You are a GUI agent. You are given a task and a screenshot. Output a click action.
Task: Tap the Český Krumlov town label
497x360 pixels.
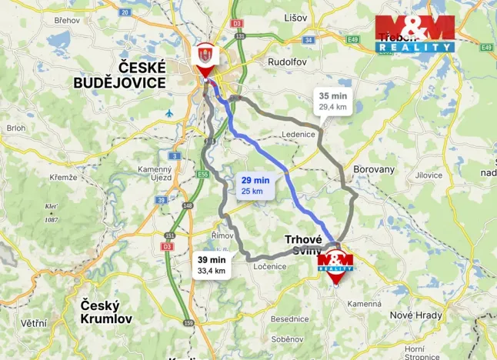click(106, 312)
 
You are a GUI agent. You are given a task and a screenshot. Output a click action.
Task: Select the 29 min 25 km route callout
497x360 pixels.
click(255, 185)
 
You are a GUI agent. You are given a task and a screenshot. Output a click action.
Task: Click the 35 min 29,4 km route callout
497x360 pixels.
click(332, 102)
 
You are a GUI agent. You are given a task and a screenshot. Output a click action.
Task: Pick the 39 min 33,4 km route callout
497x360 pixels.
click(211, 265)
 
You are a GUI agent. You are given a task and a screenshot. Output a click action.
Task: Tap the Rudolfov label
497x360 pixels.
click(287, 62)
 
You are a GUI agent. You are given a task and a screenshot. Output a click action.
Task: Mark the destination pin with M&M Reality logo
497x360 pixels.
click(335, 265)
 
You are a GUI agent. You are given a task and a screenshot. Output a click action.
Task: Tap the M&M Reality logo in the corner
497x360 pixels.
click(415, 34)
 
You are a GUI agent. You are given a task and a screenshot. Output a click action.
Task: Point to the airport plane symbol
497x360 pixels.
click(169, 113)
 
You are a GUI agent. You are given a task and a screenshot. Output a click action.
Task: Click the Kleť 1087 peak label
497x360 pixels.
click(51, 212)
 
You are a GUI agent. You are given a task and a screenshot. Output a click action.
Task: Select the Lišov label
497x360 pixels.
click(295, 17)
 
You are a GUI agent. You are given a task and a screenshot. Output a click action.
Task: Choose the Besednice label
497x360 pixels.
click(289, 318)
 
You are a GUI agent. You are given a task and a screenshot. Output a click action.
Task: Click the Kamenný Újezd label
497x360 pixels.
click(155, 173)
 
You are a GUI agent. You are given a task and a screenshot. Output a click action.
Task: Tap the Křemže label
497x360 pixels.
click(63, 177)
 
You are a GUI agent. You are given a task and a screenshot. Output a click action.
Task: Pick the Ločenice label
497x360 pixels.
click(269, 266)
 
